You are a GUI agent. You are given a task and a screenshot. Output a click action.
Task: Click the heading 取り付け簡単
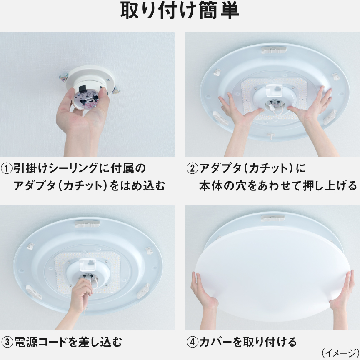coord(180,12)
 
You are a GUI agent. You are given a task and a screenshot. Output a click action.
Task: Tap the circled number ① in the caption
coord(7,169)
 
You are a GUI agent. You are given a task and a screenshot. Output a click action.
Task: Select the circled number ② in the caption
coord(192,169)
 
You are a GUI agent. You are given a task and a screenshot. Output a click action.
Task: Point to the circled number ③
coord(7,342)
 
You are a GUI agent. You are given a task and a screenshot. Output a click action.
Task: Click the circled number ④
coord(192,342)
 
